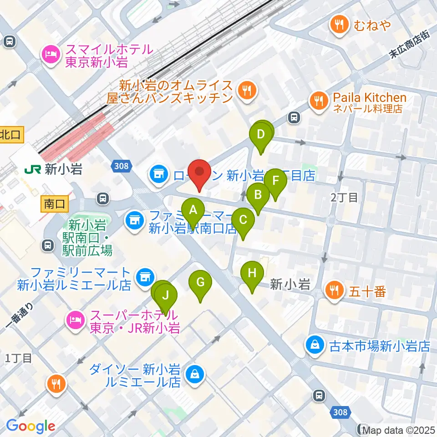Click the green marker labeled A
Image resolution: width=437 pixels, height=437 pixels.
pyautogui.click(x=193, y=211)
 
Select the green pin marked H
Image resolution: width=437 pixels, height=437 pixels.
pyautogui.click(x=252, y=274)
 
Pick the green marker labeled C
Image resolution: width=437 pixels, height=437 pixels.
pyautogui.click(x=243, y=220)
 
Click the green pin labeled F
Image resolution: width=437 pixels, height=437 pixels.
pyautogui.click(x=275, y=180)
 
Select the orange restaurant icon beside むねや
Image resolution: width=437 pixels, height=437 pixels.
pyautogui.click(x=339, y=25)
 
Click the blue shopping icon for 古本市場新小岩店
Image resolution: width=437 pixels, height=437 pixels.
pyautogui.click(x=315, y=346)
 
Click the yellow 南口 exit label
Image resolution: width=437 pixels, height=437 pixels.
pyautogui.click(x=55, y=204)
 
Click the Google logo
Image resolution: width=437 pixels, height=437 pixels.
pyautogui.click(x=30, y=426)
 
